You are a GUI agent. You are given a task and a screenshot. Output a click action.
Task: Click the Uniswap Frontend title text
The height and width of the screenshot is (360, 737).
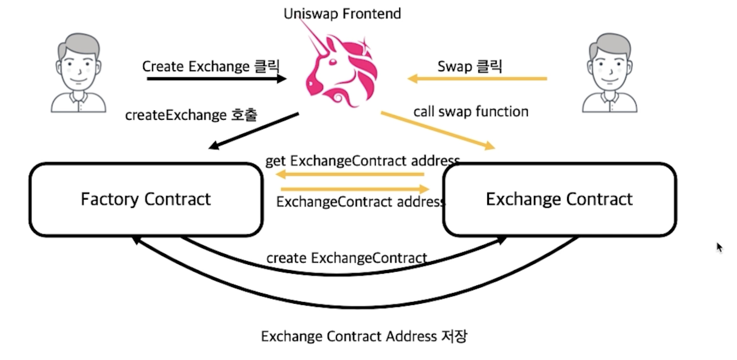tap(342, 14)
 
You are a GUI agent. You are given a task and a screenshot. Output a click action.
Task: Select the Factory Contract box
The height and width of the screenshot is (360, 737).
tap(146, 199)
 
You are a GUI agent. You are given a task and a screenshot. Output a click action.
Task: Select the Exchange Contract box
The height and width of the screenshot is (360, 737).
tap(559, 199)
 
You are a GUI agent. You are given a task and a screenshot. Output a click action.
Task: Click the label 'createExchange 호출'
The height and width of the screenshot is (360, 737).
tap(191, 115)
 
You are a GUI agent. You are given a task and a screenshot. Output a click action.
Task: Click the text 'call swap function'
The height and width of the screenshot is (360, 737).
tap(471, 111)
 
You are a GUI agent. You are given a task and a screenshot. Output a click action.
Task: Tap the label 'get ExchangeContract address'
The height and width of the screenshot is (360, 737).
tap(362, 161)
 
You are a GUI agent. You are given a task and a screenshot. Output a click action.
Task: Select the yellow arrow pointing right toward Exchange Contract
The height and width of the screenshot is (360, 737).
tap(354, 189)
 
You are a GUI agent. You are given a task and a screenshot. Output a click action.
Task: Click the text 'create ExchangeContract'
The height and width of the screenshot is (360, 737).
tap(347, 258)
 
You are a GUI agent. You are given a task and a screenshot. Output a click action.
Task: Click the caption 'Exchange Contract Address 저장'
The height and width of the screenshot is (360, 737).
tap(364, 336)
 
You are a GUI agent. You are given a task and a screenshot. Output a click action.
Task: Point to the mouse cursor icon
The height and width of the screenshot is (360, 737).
tap(720, 247)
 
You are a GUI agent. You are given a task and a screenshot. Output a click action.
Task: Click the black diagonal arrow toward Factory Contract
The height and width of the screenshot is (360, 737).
tap(254, 131)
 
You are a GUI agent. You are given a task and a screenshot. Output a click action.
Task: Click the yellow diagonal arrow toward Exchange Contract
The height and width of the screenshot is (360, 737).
tap(438, 131)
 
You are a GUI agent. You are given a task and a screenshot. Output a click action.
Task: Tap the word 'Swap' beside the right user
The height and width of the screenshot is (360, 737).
tap(454, 66)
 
